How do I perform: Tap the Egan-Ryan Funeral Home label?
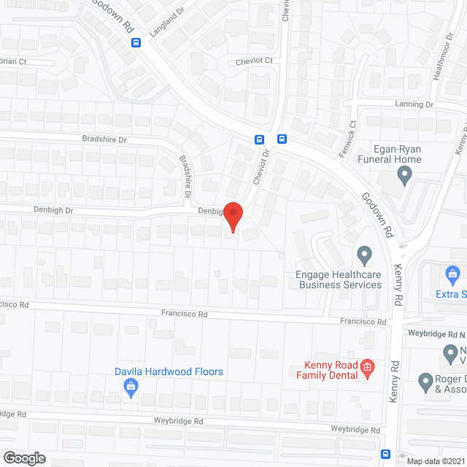(389, 153)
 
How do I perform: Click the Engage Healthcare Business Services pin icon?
(364, 255)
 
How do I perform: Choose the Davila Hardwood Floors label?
(169, 371)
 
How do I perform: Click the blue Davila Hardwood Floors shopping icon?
(131, 387)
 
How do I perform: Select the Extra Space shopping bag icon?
(453, 276)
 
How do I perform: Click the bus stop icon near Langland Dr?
(136, 42)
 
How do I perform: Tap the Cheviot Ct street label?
(254, 61)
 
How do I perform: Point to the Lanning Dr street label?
(414, 104)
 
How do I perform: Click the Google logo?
(24, 458)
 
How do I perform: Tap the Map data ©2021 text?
(436, 461)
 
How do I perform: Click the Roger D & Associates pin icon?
(426, 380)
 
